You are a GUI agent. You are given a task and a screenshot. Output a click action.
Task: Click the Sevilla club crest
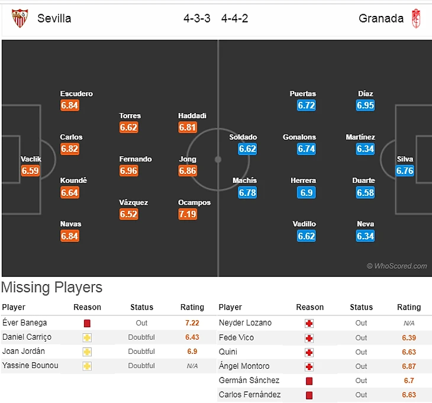tap(20, 18)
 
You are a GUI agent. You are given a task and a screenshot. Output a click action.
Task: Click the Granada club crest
tap(416, 18)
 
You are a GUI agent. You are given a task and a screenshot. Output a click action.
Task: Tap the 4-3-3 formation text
tap(197, 18)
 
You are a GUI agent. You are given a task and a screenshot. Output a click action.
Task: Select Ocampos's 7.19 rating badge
tap(188, 214)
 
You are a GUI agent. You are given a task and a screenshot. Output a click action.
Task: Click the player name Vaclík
tap(31, 159)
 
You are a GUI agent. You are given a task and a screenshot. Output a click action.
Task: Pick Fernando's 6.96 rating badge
tap(128, 171)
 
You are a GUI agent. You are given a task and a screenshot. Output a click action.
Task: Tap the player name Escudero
tap(76, 94)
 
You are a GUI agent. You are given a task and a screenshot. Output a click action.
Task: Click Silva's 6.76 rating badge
tap(405, 171)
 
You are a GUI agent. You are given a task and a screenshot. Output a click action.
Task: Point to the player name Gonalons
tap(299, 137)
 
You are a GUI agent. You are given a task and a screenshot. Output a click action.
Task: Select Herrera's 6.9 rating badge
tap(307, 193)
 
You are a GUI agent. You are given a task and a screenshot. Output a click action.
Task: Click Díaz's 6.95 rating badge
tap(365, 105)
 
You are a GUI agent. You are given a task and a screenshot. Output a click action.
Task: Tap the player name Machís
tap(245, 180)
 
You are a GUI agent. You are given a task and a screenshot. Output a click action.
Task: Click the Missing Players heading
tap(51, 288)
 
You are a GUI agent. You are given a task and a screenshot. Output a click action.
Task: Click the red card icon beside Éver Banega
tap(87, 324)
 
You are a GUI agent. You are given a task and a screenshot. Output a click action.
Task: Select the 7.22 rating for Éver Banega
tap(192, 323)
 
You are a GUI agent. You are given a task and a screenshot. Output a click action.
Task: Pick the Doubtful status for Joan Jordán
tap(141, 352)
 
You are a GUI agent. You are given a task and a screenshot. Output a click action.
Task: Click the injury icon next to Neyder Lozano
tap(309, 324)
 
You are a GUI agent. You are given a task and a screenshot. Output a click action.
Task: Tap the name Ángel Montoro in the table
tap(244, 366)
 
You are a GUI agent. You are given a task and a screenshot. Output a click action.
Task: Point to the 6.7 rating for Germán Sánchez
tap(408, 381)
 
